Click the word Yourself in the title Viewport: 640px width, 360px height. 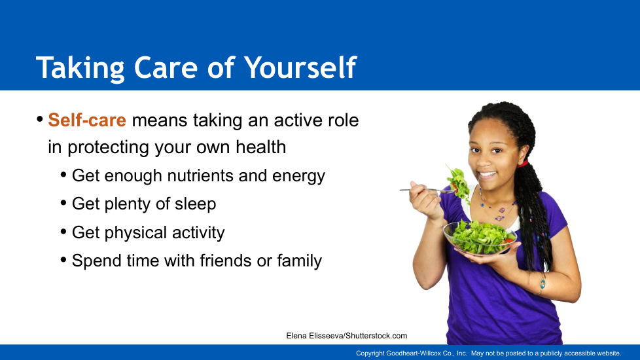[300, 67]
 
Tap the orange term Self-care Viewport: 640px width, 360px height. [87, 120]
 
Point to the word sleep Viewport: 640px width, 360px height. [196, 204]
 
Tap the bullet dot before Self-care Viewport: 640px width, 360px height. [40, 120]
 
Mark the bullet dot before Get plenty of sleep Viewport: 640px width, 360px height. [63, 203]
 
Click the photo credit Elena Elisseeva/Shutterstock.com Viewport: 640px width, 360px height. [347, 336]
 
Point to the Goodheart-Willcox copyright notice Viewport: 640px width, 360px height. [489, 353]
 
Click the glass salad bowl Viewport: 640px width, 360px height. [480, 238]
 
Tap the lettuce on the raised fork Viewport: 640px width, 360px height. [459, 185]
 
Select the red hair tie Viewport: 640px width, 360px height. [523, 164]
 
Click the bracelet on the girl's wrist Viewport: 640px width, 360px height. [542, 283]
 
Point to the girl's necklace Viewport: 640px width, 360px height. [497, 207]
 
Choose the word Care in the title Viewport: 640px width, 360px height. [166, 67]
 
